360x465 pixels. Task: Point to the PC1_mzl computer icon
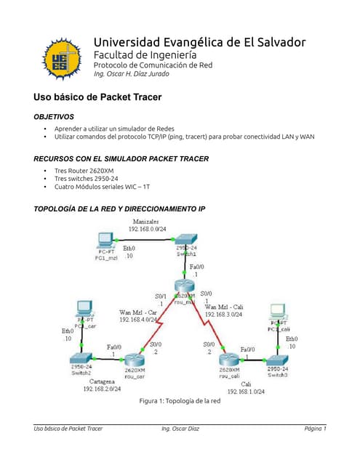tap(106, 240)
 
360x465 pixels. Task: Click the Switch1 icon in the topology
tap(186, 240)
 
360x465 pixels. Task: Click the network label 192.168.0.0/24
tap(151, 229)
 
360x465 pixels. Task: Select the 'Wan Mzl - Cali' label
tap(226, 307)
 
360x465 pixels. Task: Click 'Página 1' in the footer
tap(315, 429)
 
